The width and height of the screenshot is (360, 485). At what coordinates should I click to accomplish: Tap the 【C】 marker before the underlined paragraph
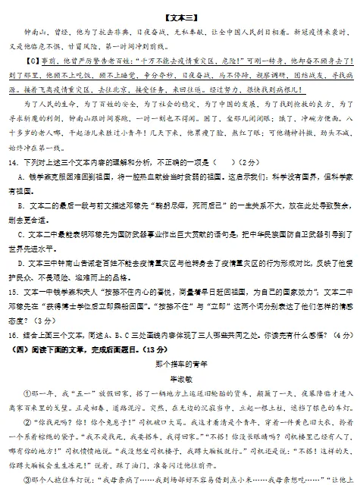point(32,64)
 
